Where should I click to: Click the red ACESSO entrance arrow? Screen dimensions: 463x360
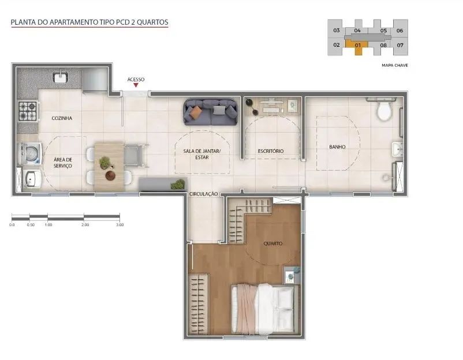(x=136, y=85)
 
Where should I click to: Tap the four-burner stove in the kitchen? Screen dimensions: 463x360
(x=28, y=111)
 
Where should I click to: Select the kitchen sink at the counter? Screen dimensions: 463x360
(x=61, y=77)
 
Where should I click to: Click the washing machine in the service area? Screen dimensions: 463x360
(x=30, y=153)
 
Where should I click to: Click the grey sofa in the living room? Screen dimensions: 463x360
(x=211, y=112)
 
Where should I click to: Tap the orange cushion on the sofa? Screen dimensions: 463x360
(x=196, y=112)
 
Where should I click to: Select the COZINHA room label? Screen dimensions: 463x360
(x=62, y=118)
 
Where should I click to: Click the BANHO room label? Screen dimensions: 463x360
(x=337, y=147)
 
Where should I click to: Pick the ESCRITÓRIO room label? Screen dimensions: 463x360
(x=271, y=151)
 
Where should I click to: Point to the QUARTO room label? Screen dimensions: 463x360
(x=273, y=243)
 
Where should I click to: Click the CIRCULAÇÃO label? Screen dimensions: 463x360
(x=203, y=194)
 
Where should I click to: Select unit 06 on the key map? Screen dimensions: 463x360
(x=400, y=31)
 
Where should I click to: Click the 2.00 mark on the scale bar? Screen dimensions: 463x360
(x=85, y=224)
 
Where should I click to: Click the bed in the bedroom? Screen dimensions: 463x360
(x=264, y=309)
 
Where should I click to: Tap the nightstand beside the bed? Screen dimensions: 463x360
(x=291, y=275)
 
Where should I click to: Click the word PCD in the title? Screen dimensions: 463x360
(x=124, y=22)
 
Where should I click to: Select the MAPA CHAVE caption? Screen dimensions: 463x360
(x=395, y=65)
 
